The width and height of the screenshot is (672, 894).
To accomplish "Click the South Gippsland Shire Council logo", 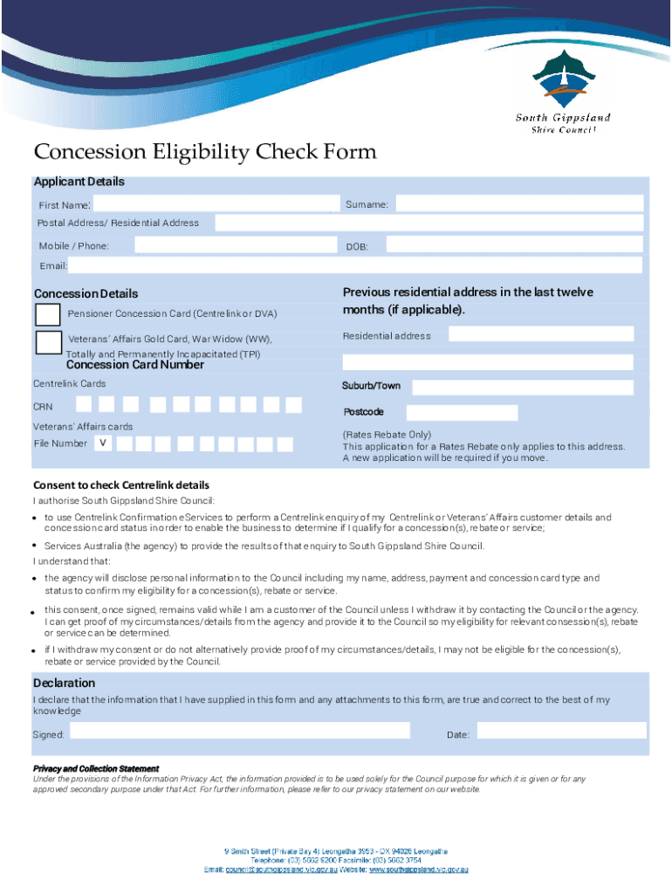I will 562,92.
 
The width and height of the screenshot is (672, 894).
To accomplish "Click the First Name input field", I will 213,203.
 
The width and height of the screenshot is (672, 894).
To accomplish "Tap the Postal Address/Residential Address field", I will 429,223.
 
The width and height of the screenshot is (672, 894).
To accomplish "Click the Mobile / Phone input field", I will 230,245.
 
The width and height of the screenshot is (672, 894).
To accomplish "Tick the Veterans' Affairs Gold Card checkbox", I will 49,341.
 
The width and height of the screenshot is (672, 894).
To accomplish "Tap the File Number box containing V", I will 103,444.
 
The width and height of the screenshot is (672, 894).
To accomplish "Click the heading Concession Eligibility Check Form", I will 205,153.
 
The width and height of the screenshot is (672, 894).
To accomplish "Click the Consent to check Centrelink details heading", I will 121,485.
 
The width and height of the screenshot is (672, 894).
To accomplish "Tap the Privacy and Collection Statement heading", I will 96,769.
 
